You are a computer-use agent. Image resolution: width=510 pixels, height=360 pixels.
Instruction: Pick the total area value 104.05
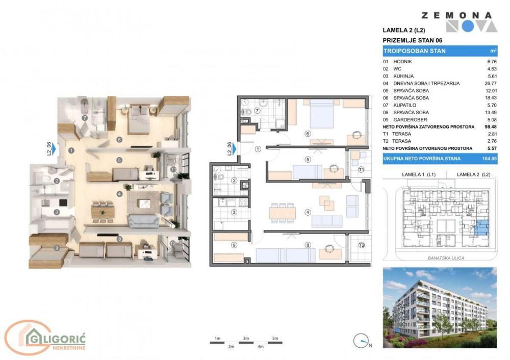point(490,159)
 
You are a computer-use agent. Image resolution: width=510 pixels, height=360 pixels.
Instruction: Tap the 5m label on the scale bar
point(275,338)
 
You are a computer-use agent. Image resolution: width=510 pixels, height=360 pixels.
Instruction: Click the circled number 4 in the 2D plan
point(308,213)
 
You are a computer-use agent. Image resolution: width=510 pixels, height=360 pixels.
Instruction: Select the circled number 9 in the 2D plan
point(234,245)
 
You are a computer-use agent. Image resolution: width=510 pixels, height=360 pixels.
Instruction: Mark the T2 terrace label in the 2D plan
point(362,245)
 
